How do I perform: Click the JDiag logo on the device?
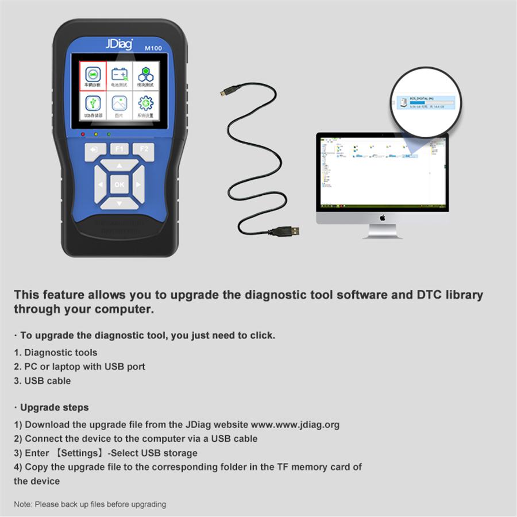pyautogui.click(x=119, y=44)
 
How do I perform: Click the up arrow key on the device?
pyautogui.click(x=119, y=167)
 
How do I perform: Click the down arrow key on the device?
pyautogui.click(x=119, y=203)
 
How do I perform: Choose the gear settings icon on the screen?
pyautogui.click(x=146, y=105)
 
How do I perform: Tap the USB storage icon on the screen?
pyautogui.click(x=92, y=105)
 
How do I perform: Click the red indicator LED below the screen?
pyautogui.click(x=83, y=134)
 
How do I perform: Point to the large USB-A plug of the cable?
pyautogui.click(x=287, y=231)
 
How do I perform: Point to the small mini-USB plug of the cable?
pyautogui.click(x=225, y=92)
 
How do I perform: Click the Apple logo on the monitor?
pyautogui.click(x=382, y=218)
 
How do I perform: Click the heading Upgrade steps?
pyautogui.click(x=54, y=407)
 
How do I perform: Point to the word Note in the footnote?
pyautogui.click(x=23, y=504)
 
